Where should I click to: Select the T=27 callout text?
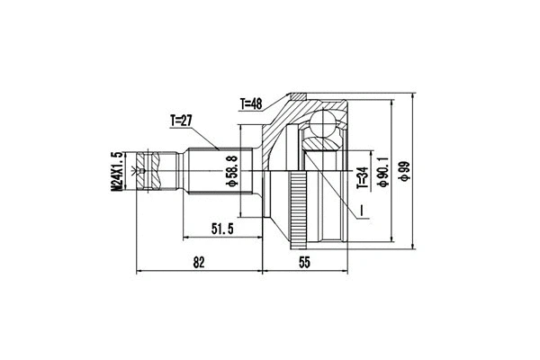pos(184,120)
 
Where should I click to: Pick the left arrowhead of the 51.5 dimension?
pos(187,238)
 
